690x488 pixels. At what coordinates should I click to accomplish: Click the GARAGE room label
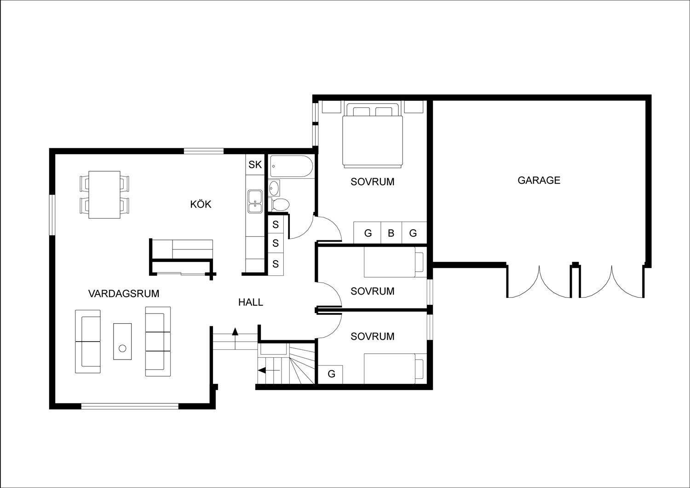point(539,180)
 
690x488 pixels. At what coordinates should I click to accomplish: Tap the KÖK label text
point(201,204)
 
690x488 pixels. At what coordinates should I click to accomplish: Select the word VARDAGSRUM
point(124,293)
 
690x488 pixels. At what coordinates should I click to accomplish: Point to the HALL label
point(251,302)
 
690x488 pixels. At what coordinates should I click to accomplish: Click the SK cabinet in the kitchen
point(255,165)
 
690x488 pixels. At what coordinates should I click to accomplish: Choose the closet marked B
point(391,233)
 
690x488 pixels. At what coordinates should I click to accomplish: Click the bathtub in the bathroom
point(291,166)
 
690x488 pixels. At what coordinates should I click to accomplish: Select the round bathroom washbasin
point(274,188)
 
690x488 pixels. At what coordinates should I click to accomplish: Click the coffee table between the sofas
point(122,341)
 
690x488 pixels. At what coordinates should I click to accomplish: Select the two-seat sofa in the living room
point(87,341)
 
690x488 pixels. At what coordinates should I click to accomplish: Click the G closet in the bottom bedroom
point(331,374)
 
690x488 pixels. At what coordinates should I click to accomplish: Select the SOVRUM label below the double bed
point(372,182)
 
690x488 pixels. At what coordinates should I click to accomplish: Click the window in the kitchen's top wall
point(204,151)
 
